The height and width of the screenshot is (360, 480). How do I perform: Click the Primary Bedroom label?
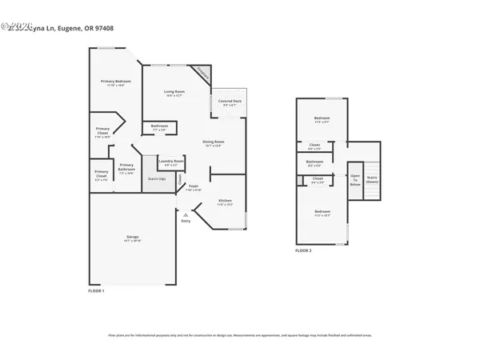[116, 82]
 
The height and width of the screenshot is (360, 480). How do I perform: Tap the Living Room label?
[175, 92]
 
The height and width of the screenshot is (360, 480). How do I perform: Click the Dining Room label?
[212, 142]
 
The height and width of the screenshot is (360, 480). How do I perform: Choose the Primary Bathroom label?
[126, 167]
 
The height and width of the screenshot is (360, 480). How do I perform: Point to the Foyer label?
[194, 186]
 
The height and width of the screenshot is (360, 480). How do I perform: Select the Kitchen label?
[226, 200]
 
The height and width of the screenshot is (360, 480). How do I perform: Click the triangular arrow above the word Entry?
[186, 214]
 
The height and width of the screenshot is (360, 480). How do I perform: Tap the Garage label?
[133, 238]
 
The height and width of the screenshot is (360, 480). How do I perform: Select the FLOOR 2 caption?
[303, 250]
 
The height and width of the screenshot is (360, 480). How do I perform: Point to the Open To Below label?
[355, 179]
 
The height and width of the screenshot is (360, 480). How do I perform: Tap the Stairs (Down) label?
[372, 179]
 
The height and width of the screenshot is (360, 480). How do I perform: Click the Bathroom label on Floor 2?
[314, 162]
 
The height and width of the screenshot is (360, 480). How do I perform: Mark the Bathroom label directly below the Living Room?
[158, 126]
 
